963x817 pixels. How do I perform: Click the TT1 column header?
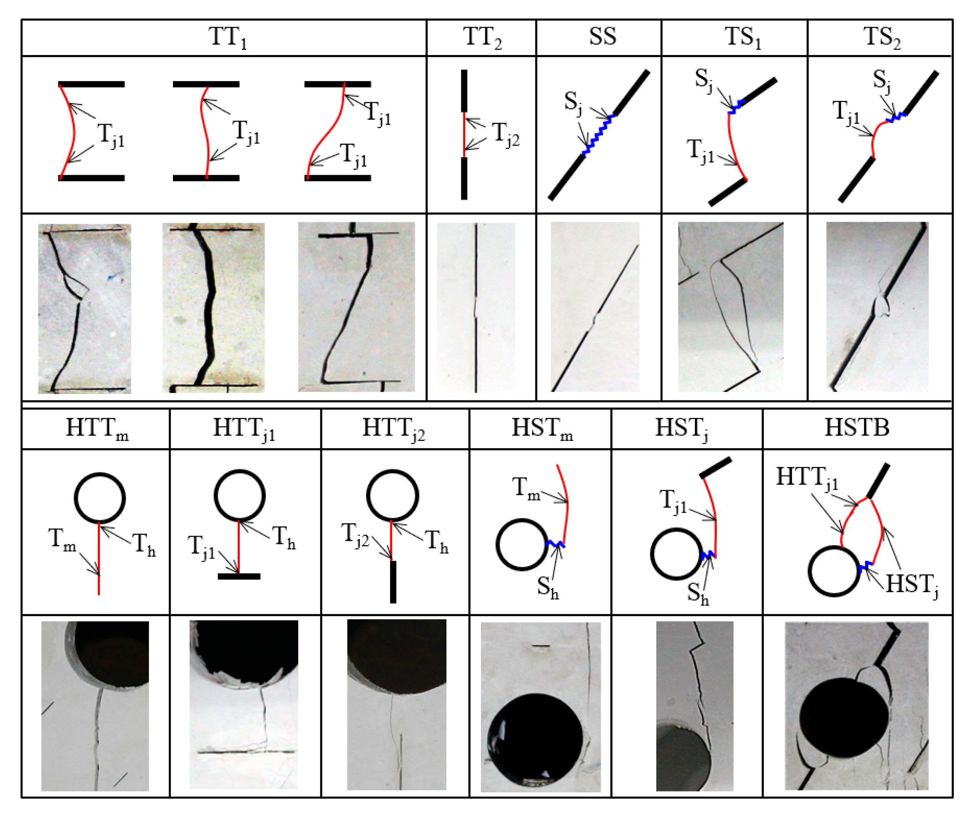point(228,37)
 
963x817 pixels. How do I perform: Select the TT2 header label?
point(482,37)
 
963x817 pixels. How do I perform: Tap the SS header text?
point(602,36)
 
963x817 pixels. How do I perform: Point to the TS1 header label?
point(742,37)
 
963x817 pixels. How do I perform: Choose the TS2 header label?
point(881,37)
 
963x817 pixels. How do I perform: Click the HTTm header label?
point(97,428)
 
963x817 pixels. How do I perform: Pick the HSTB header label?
point(857,427)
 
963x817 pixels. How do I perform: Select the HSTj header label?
point(681,428)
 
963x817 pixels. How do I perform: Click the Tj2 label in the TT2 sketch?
point(505,134)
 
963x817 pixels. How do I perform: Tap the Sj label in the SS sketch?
point(573,103)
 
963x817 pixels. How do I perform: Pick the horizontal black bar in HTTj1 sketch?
point(239,576)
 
